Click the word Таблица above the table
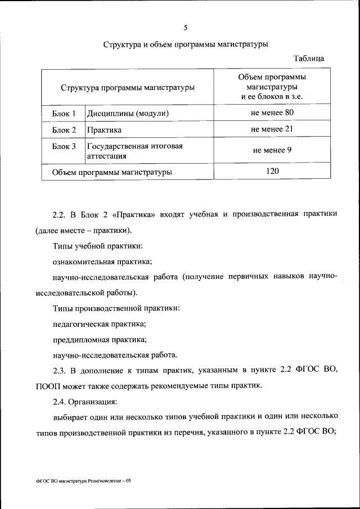coord(309,58)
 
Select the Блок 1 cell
coord(64,114)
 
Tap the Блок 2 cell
coord(64,130)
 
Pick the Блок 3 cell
coord(64,146)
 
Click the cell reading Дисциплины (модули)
coord(128,114)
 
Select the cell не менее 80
coord(272,113)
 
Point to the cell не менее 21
coord(272,129)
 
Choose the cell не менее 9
coord(272,150)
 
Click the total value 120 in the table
coord(272,171)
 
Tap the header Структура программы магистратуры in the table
coord(128,87)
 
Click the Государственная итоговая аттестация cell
coord(135,151)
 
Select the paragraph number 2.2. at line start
coord(60,214)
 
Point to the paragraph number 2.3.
coord(60,369)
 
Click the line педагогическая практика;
coord(99,324)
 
